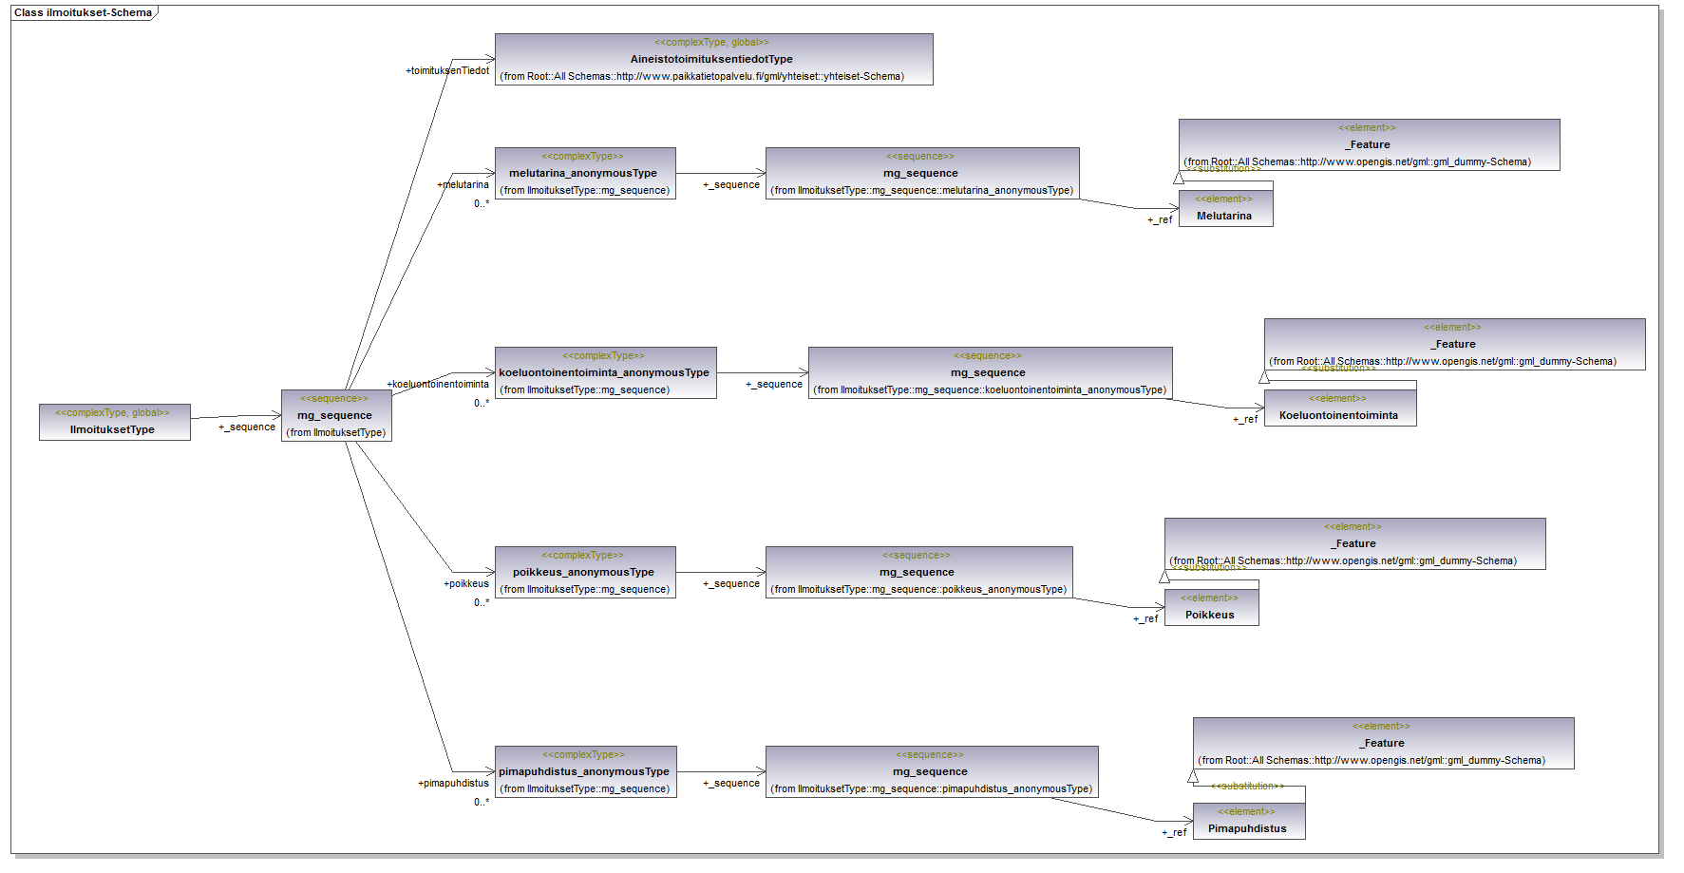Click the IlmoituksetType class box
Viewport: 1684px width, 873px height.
click(x=114, y=422)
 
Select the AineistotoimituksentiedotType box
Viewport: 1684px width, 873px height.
click(x=713, y=59)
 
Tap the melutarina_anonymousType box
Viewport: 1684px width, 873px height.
click(x=585, y=173)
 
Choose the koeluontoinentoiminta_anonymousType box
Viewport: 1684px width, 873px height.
click(x=605, y=372)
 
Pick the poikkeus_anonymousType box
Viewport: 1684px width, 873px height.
click(x=585, y=572)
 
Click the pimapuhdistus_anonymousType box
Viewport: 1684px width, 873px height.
click(x=585, y=771)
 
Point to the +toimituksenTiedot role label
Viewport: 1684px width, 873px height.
click(x=447, y=70)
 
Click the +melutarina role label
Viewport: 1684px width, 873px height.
click(x=464, y=184)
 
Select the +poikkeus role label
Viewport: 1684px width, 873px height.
click(x=466, y=583)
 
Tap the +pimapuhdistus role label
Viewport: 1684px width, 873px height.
click(x=454, y=783)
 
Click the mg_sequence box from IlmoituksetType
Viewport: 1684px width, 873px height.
click(x=335, y=416)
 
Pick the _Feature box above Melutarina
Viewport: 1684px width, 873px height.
click(x=1369, y=144)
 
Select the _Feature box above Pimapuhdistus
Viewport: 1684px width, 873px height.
click(x=1383, y=743)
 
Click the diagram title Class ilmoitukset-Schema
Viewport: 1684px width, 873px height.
click(x=83, y=12)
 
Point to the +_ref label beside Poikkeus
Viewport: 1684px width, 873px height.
click(x=1145, y=618)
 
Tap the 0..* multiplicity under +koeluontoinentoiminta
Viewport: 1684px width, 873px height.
click(x=482, y=403)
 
